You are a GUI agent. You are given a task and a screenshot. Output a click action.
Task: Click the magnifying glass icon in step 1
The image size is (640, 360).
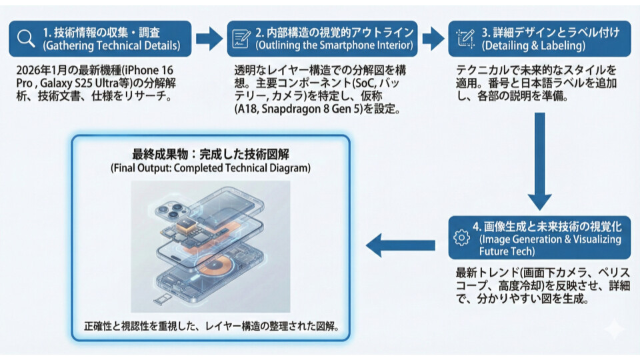pos(26,38)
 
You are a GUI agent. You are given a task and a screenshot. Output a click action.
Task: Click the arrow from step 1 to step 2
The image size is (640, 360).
pos(209,38)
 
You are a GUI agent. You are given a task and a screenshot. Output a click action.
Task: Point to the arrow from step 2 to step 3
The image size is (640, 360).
pos(433,38)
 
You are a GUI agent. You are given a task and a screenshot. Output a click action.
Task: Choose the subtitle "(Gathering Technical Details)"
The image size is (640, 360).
pos(111,46)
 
